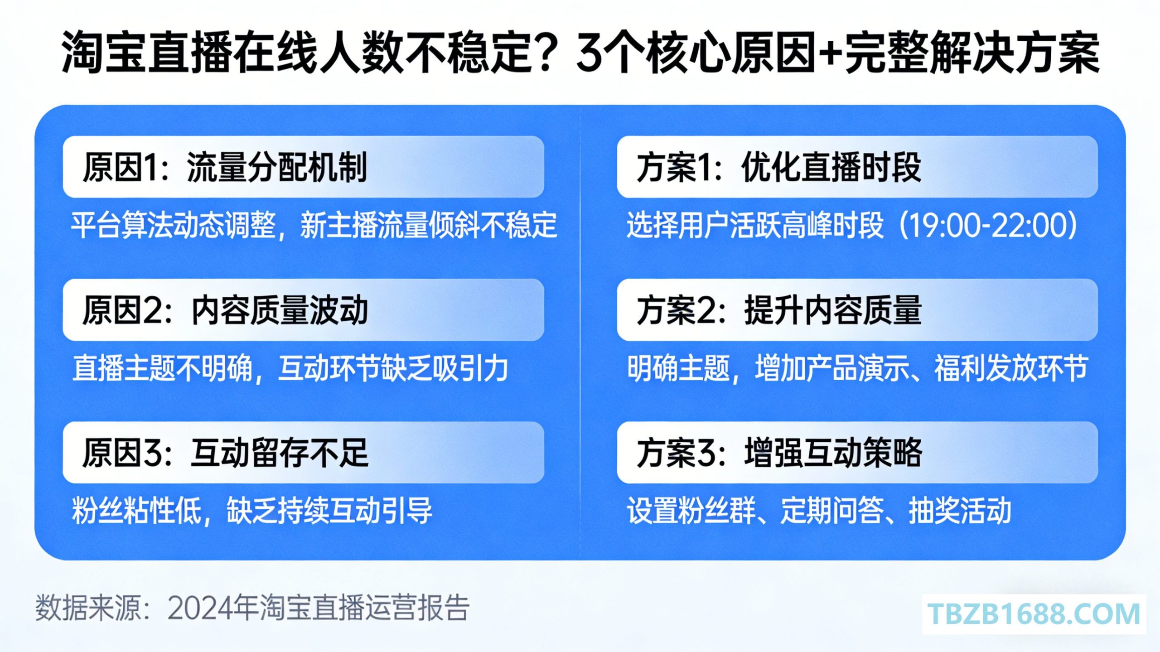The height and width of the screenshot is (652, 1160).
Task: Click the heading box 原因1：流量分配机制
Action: click(303, 167)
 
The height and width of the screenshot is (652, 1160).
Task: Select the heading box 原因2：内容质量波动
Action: click(303, 310)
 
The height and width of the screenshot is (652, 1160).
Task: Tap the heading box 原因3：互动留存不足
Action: click(303, 453)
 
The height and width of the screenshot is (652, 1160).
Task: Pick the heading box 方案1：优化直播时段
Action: click(857, 167)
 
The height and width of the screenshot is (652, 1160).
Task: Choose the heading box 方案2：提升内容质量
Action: click(857, 310)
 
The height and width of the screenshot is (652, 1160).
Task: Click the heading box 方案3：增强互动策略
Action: click(857, 453)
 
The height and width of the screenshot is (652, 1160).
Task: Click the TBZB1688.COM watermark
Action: click(1034, 614)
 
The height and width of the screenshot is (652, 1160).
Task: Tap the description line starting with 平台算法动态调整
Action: click(314, 225)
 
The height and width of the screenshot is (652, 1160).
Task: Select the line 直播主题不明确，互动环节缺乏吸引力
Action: click(290, 368)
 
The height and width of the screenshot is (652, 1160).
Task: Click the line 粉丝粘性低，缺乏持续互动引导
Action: click(252, 511)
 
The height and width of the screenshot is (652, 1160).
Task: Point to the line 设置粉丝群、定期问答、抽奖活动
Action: click(819, 511)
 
